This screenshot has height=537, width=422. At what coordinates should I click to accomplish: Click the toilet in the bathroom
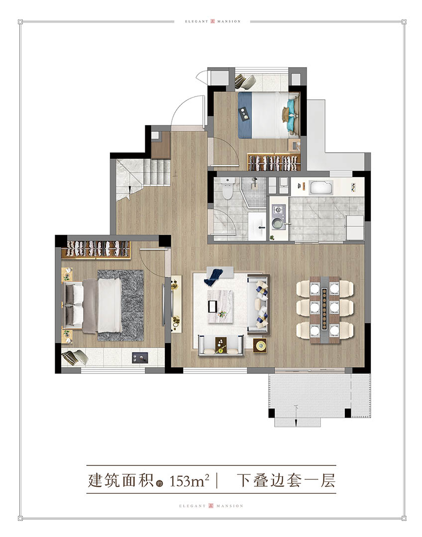point(227,189)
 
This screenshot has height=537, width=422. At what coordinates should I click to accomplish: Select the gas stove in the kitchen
point(277,210)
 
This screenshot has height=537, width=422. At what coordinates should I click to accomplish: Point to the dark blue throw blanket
point(213,277)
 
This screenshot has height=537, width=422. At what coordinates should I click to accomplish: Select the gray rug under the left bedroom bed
point(120,305)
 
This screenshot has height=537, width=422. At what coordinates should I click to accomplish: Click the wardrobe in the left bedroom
point(96,249)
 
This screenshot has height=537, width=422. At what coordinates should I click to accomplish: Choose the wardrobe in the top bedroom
point(274,162)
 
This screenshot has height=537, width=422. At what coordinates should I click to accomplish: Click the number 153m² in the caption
point(190,481)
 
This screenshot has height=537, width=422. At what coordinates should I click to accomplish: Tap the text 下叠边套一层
point(286,480)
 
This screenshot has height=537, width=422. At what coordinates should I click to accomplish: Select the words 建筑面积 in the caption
point(121,480)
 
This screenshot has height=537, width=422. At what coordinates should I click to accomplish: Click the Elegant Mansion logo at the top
point(212,21)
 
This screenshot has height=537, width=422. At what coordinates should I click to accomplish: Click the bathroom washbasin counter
point(257,226)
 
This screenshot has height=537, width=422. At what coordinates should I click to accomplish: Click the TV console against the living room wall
point(177,303)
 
